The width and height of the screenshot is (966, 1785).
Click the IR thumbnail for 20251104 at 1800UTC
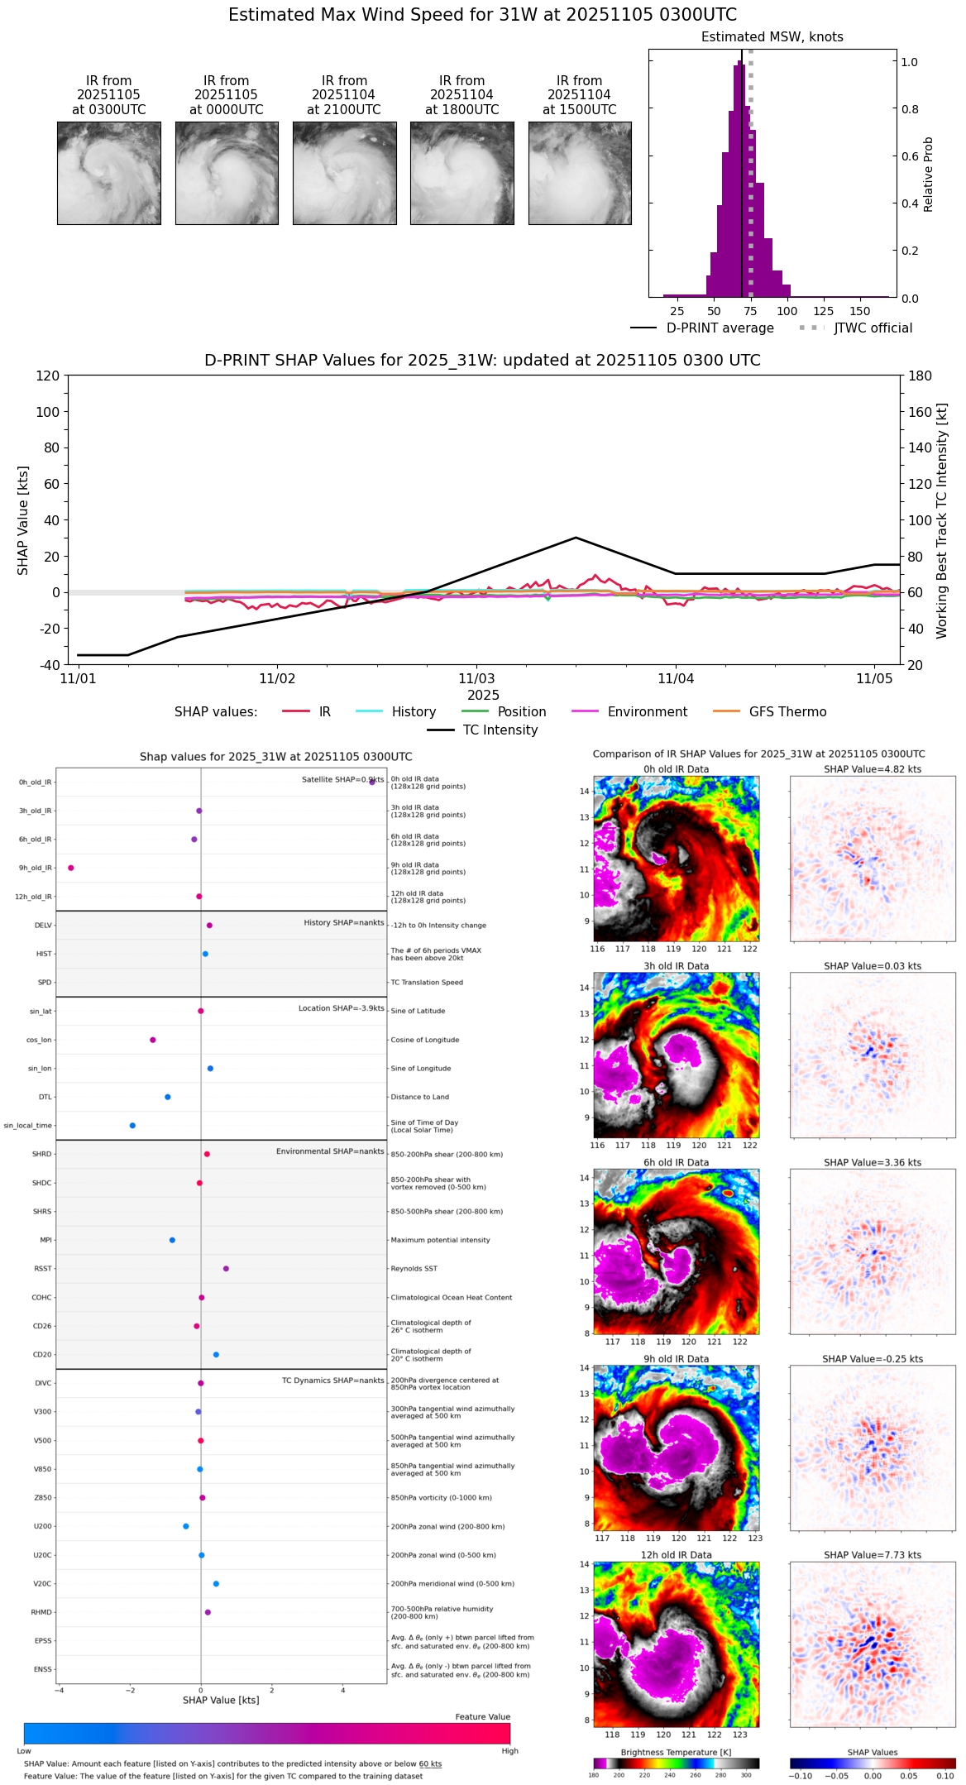(x=461, y=173)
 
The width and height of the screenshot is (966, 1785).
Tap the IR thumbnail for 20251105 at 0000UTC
(x=227, y=173)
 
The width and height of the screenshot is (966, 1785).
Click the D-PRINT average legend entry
(x=702, y=328)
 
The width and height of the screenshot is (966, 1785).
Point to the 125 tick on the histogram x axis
(x=823, y=311)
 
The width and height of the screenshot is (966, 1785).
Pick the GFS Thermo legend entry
(x=769, y=712)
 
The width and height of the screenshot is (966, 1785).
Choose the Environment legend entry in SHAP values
(x=629, y=712)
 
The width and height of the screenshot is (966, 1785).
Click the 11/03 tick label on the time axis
(x=476, y=679)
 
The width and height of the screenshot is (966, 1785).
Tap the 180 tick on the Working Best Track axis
(x=920, y=376)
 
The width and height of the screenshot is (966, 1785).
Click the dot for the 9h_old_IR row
(x=71, y=868)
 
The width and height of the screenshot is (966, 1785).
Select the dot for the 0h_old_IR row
(x=372, y=782)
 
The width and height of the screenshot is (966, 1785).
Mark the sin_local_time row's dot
(x=132, y=1125)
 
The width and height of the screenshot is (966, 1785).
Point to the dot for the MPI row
(x=172, y=1240)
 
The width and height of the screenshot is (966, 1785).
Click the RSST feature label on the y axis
(x=43, y=1269)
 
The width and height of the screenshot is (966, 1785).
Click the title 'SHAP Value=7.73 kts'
(x=872, y=1555)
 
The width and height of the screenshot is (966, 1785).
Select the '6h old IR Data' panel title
(x=676, y=1162)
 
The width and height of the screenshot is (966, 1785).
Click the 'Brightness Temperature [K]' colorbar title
(x=676, y=1752)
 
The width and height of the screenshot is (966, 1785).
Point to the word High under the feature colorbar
(x=509, y=1750)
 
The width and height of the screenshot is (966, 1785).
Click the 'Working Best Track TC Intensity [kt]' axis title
(x=942, y=521)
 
